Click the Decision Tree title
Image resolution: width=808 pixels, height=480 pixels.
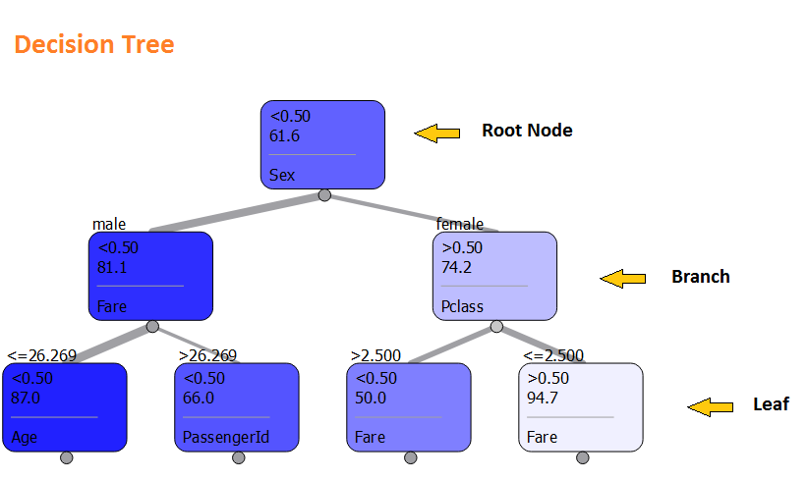click(x=94, y=45)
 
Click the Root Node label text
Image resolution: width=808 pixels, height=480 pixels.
click(x=526, y=131)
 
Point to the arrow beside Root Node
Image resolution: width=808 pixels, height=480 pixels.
click(x=437, y=133)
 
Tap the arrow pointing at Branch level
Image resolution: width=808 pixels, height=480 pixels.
click(x=623, y=279)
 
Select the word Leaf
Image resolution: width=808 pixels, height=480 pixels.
click(x=771, y=404)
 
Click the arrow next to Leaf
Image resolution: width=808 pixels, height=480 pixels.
click(x=710, y=406)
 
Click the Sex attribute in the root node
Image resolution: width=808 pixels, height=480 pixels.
click(x=282, y=177)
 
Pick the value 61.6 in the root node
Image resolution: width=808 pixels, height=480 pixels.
click(x=286, y=134)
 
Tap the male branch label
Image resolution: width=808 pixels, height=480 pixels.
click(x=109, y=225)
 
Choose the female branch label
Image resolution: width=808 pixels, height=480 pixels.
click(x=460, y=225)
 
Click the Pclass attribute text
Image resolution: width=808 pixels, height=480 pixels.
click(x=462, y=307)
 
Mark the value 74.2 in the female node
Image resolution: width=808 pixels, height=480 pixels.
click(x=458, y=266)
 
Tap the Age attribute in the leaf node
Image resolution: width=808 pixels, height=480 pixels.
click(x=24, y=438)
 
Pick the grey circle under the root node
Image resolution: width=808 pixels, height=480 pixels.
click(x=323, y=194)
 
